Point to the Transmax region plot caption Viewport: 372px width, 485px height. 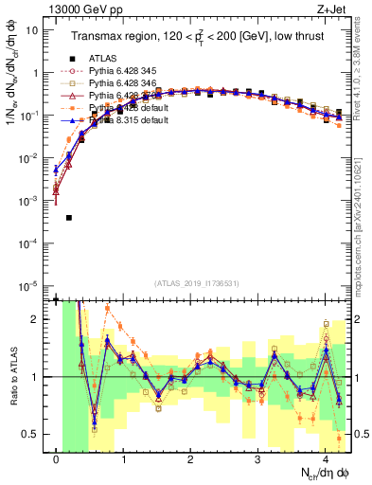point(189,36)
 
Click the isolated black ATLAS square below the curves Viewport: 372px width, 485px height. point(70,218)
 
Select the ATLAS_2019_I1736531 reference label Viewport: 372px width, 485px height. point(197,284)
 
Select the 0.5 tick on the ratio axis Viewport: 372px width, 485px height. point(33,434)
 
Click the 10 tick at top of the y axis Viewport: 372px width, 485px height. point(33,29)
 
